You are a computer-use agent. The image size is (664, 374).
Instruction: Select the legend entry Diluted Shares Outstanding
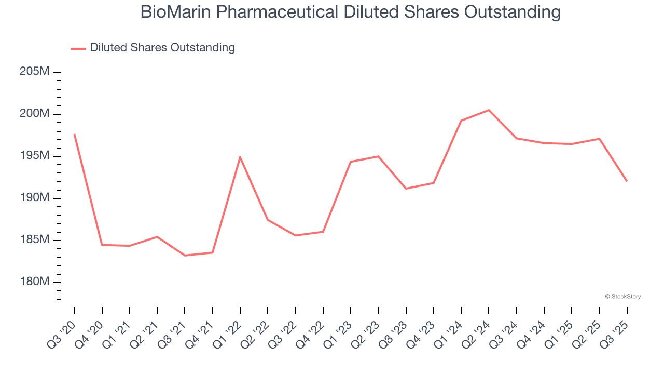click(x=162, y=48)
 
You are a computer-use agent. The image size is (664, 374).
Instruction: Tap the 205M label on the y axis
click(x=34, y=72)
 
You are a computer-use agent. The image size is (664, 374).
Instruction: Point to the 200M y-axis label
click(x=34, y=114)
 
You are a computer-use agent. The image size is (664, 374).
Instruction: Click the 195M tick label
click(x=34, y=156)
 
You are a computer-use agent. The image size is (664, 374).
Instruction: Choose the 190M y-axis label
click(x=34, y=198)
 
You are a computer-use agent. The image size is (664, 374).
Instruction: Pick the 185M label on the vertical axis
click(x=34, y=240)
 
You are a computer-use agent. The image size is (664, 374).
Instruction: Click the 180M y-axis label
click(x=34, y=282)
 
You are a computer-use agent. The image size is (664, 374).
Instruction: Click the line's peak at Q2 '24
click(x=489, y=110)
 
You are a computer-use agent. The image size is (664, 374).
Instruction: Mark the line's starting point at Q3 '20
click(x=74, y=135)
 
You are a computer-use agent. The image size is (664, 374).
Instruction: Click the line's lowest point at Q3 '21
click(x=185, y=256)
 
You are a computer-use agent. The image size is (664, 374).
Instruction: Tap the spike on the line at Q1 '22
click(x=240, y=157)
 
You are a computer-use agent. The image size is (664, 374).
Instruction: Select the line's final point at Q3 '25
click(x=627, y=181)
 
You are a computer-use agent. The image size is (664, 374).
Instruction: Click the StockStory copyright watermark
click(x=622, y=297)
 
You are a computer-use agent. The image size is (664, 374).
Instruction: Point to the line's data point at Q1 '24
click(x=461, y=121)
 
